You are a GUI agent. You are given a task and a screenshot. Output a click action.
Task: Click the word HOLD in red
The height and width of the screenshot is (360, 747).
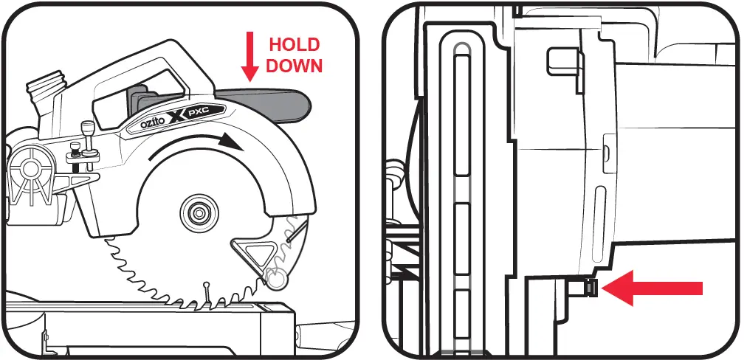click(295, 44)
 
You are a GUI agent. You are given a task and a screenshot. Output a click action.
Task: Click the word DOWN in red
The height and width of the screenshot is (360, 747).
click(295, 65)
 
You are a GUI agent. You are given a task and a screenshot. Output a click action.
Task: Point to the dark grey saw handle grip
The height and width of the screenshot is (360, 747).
click(266, 103)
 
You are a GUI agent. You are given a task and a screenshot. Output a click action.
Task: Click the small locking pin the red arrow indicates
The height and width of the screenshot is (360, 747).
click(591, 288)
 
